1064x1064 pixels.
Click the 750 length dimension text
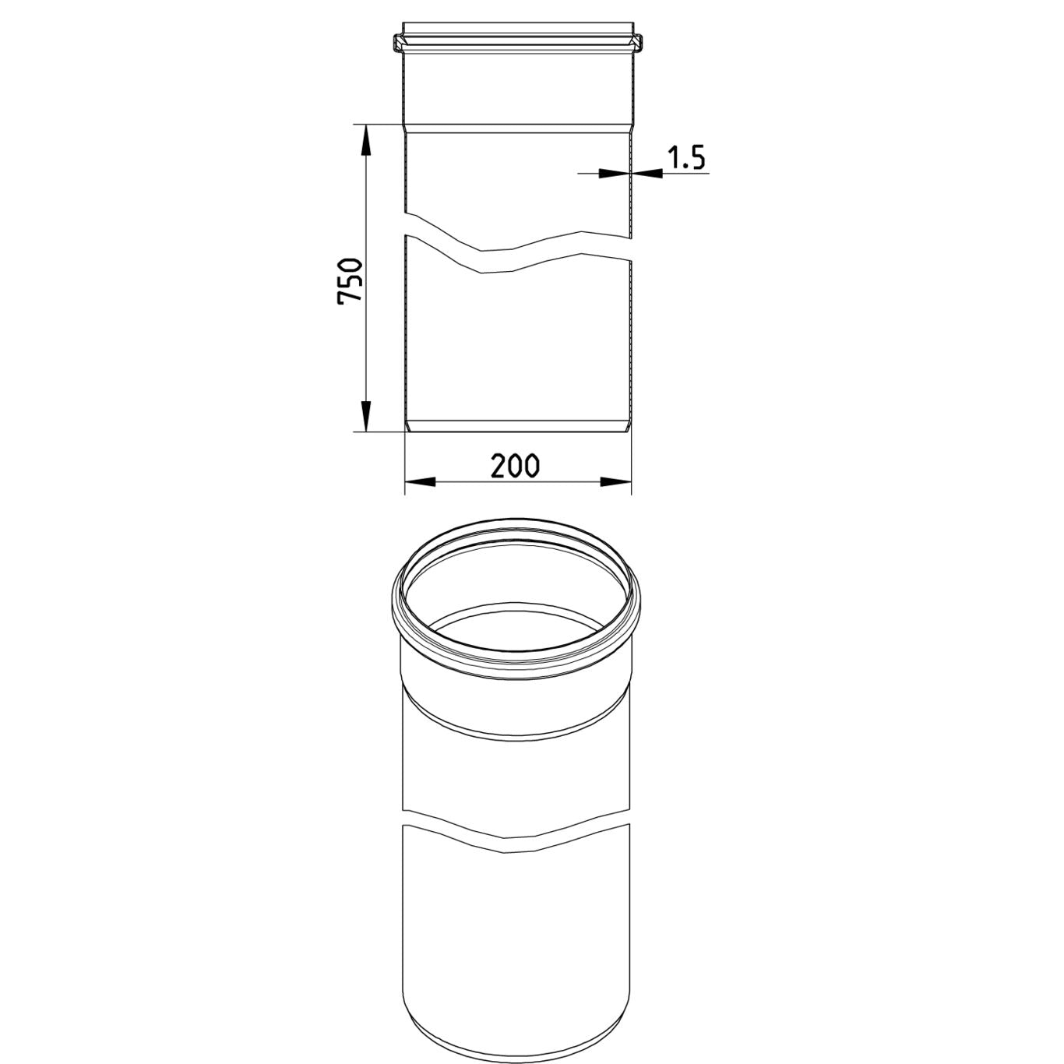[350, 280]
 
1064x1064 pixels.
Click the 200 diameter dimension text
[515, 467]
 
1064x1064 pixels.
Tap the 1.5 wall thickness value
[686, 157]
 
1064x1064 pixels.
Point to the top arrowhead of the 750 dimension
[365, 140]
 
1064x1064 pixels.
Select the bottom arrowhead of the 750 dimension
[365, 416]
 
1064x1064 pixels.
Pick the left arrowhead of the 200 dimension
[420, 482]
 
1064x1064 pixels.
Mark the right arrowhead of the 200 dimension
[616, 482]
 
